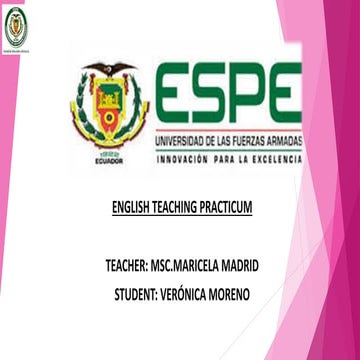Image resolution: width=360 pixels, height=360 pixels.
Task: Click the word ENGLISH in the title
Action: coord(129,209)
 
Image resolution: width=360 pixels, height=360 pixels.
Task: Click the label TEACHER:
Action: coord(124,268)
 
